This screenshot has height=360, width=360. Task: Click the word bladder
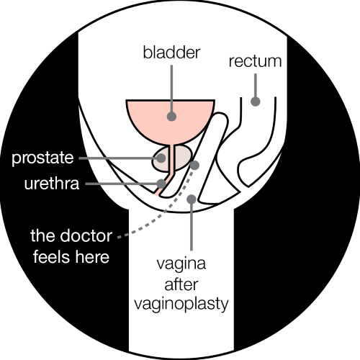171,53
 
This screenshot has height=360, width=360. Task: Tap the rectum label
254,61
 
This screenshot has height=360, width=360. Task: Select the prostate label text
41,158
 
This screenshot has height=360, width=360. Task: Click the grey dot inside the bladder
171,114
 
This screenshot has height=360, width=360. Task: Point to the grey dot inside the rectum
255,102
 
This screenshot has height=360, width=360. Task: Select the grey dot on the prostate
163,157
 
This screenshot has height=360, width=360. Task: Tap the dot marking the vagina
192,199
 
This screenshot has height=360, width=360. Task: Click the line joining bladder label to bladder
171,86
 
